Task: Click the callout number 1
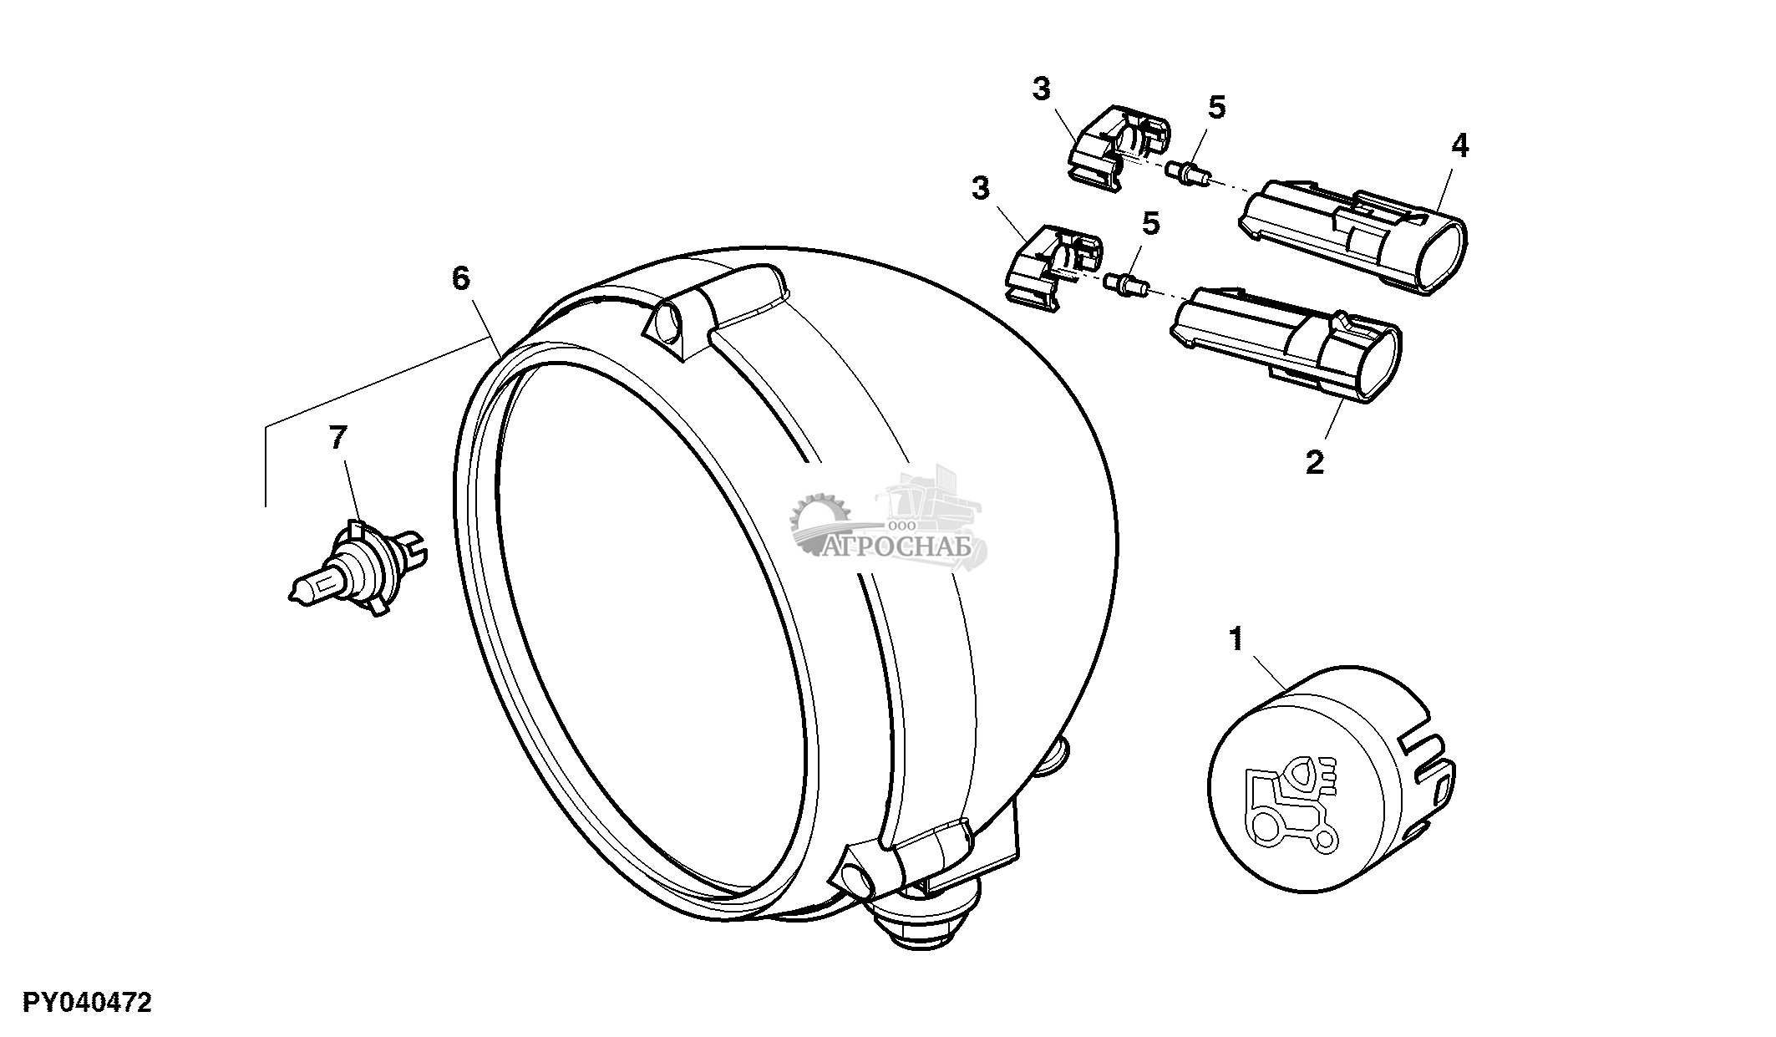point(1236,641)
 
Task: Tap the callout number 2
point(1314,462)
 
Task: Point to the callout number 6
point(461,278)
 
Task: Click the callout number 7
point(337,438)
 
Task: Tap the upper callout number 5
point(1216,107)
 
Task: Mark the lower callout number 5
point(1150,223)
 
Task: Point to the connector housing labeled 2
point(1286,343)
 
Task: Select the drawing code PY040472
point(88,1003)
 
